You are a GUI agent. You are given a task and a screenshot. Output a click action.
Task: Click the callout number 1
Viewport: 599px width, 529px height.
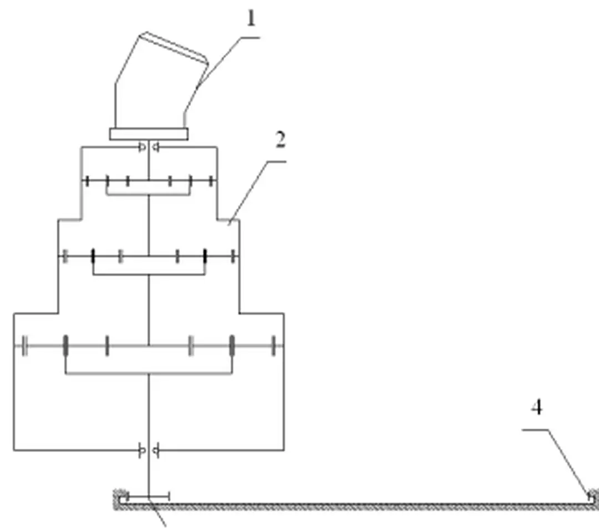tap(251, 19)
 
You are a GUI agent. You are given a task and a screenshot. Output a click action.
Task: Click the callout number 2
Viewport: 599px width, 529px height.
tap(280, 140)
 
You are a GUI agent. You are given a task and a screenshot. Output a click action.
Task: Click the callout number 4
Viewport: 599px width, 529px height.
tap(536, 408)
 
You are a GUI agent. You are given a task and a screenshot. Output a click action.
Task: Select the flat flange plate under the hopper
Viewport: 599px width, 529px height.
tap(149, 134)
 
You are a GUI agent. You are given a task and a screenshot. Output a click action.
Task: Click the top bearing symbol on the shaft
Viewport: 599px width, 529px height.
tap(149, 147)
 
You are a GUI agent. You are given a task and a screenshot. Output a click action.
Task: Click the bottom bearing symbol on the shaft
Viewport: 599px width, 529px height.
tap(149, 450)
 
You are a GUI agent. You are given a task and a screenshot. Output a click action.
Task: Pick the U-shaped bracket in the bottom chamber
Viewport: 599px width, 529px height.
tap(149, 373)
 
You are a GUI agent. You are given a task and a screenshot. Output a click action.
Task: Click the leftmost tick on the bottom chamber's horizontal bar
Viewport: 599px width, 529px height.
tap(24, 345)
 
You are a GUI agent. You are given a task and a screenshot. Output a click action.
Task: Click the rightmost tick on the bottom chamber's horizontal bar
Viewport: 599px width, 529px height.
tap(273, 345)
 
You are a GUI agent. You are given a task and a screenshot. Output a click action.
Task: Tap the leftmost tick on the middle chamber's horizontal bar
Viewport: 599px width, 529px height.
tap(65, 256)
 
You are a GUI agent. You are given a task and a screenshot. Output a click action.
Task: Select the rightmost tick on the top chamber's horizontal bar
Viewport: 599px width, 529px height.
tap(211, 180)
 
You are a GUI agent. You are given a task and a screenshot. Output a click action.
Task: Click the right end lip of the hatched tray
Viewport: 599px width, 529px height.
tap(593, 497)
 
